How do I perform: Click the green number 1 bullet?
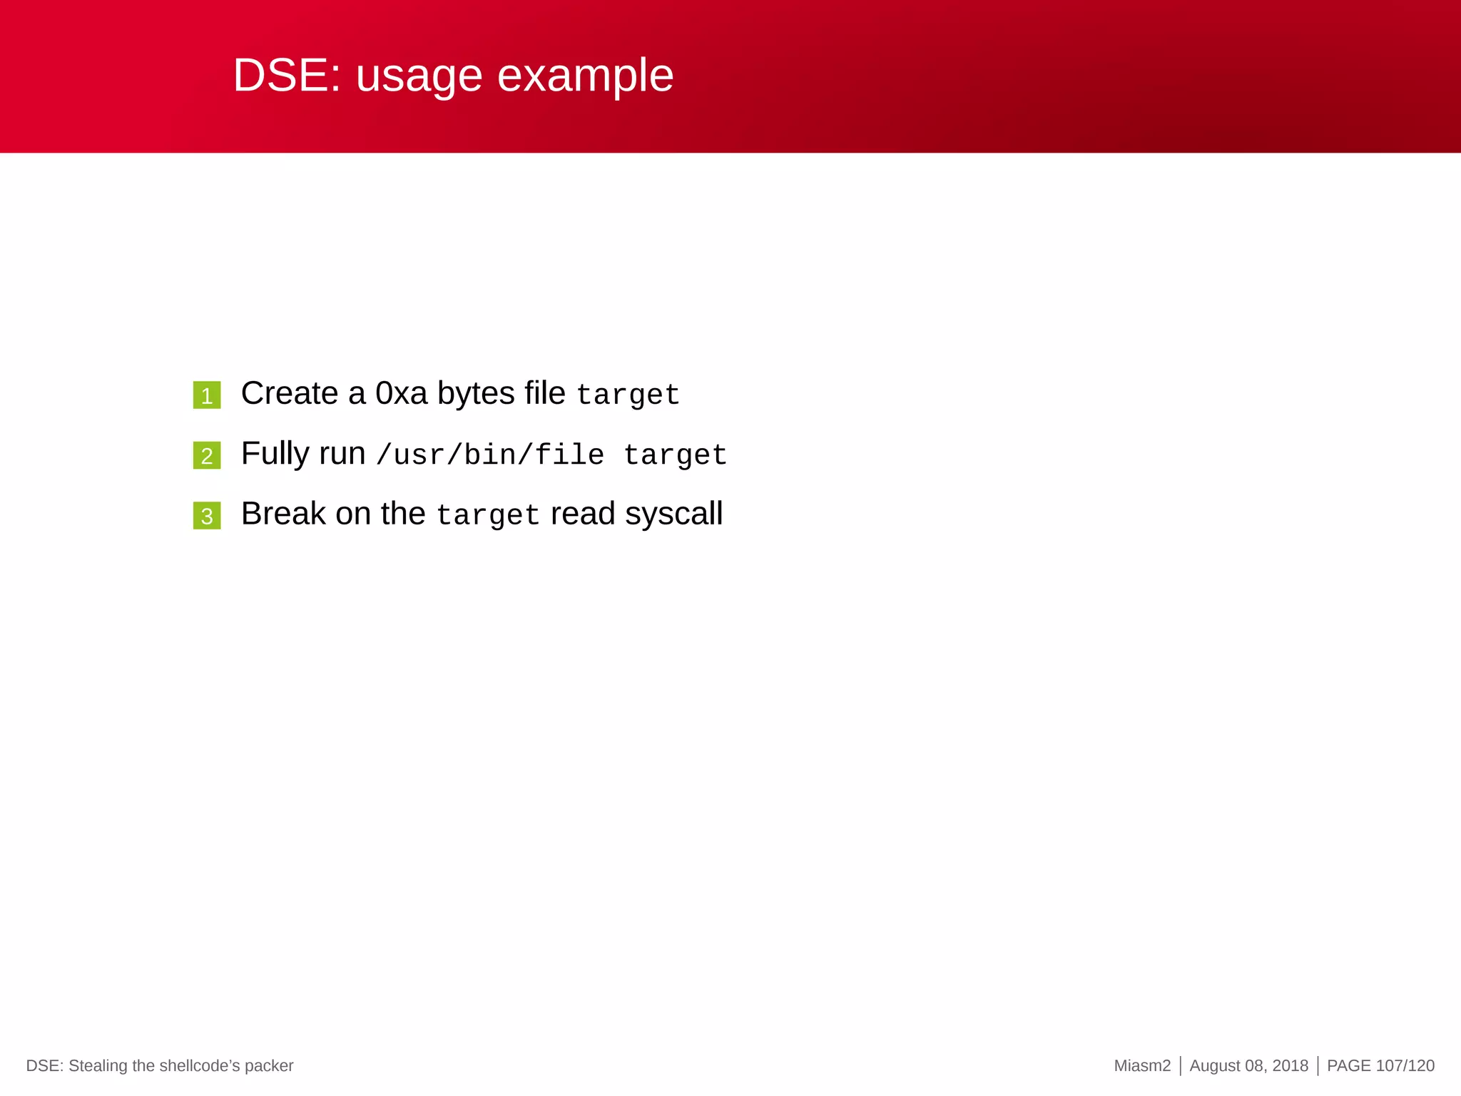coord(207,395)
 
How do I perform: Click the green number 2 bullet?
coord(207,455)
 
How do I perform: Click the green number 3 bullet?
coord(207,516)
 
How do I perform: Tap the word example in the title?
coord(585,76)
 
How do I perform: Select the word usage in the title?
coord(419,76)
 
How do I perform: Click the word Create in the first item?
coord(289,393)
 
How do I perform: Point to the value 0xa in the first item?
coord(401,393)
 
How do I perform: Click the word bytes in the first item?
coord(476,393)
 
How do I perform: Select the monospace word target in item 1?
coord(628,395)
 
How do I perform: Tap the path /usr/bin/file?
coord(490,455)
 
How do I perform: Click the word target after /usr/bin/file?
coord(675,455)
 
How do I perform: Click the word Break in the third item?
coord(283,514)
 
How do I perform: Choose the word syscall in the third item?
coord(674,514)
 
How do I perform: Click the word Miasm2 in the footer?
coord(1142,1066)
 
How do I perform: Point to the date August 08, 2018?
coord(1248,1066)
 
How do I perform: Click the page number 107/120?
coord(1405,1066)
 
